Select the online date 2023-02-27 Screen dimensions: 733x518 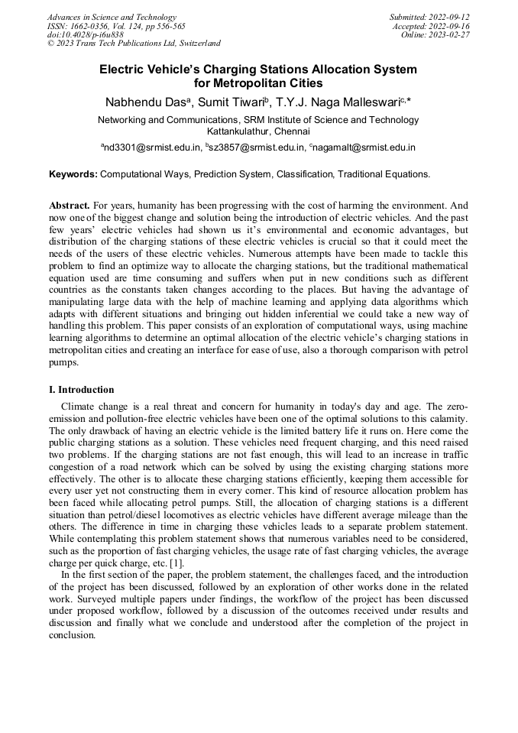453,34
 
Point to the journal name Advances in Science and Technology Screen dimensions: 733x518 112,17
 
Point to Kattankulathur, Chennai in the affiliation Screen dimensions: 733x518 258,131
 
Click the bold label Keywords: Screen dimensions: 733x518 73,174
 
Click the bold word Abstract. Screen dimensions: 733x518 69,206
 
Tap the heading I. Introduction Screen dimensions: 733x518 82,390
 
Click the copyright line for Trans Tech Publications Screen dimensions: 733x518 134,44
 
